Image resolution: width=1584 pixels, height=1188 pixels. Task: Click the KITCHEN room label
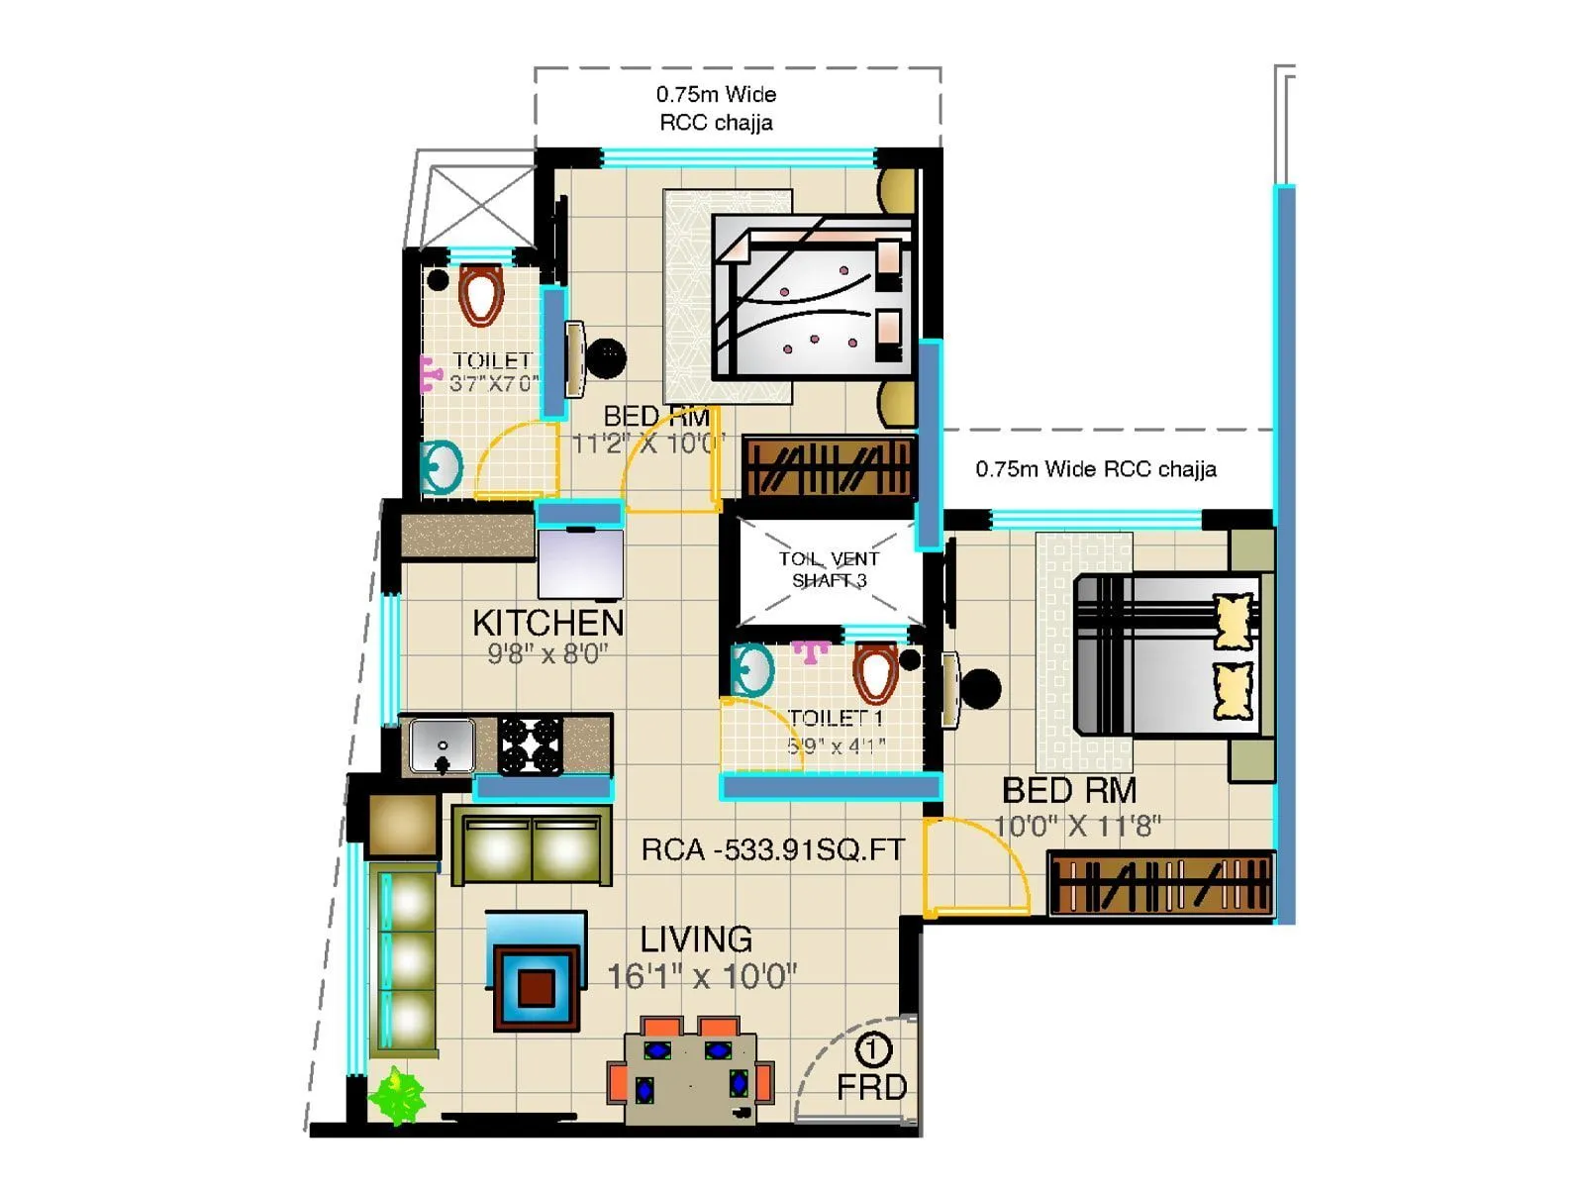coord(547,623)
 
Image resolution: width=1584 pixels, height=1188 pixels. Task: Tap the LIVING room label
coord(695,939)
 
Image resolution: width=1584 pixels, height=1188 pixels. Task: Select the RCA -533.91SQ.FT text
coord(772,849)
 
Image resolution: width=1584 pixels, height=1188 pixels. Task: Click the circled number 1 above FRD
coord(872,1049)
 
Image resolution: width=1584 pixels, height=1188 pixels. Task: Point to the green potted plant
coord(397,1095)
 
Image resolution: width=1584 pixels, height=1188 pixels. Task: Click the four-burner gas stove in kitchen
coord(530,744)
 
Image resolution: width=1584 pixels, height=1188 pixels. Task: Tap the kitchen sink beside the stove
coord(442,744)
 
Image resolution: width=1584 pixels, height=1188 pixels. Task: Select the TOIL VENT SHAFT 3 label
coord(829,569)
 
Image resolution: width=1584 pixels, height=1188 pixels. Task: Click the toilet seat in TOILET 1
coord(875,672)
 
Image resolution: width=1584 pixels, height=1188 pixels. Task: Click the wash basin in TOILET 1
coord(752,670)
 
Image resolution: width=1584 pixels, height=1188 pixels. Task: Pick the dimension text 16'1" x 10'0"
coord(701,976)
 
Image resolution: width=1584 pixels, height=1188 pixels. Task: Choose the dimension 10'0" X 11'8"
coord(1077,825)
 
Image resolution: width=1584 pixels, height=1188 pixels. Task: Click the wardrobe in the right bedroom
coord(1160,883)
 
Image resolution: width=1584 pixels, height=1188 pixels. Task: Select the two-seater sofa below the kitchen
coord(532,847)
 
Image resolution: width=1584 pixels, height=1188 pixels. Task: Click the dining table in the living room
coord(690,1079)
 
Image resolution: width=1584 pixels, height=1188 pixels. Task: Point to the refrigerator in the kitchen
coord(580,564)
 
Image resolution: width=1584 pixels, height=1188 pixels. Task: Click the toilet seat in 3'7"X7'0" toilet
coord(481,294)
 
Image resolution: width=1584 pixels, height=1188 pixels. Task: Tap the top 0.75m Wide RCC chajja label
coord(716,108)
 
